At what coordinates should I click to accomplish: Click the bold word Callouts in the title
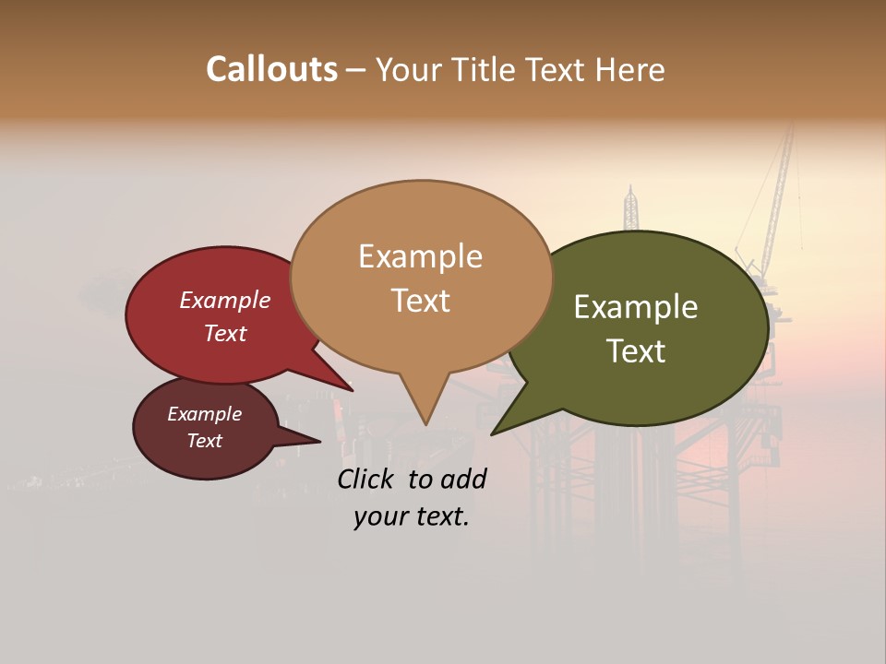pos(271,69)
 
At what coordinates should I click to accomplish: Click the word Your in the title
pos(409,70)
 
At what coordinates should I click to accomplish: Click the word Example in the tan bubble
pos(420,256)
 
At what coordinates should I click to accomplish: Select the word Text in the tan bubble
pos(420,301)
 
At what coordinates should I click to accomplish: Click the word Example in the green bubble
pos(636,307)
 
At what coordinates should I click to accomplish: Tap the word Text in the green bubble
pos(636,351)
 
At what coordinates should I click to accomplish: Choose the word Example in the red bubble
pos(224,301)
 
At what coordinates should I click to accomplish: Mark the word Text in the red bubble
pos(224,334)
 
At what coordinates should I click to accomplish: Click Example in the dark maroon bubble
pos(204,415)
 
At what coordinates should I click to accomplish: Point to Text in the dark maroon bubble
pos(204,441)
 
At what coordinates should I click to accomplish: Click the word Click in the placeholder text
pos(366,479)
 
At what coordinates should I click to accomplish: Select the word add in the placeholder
pos(463,479)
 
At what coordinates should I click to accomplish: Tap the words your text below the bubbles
pos(411,517)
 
